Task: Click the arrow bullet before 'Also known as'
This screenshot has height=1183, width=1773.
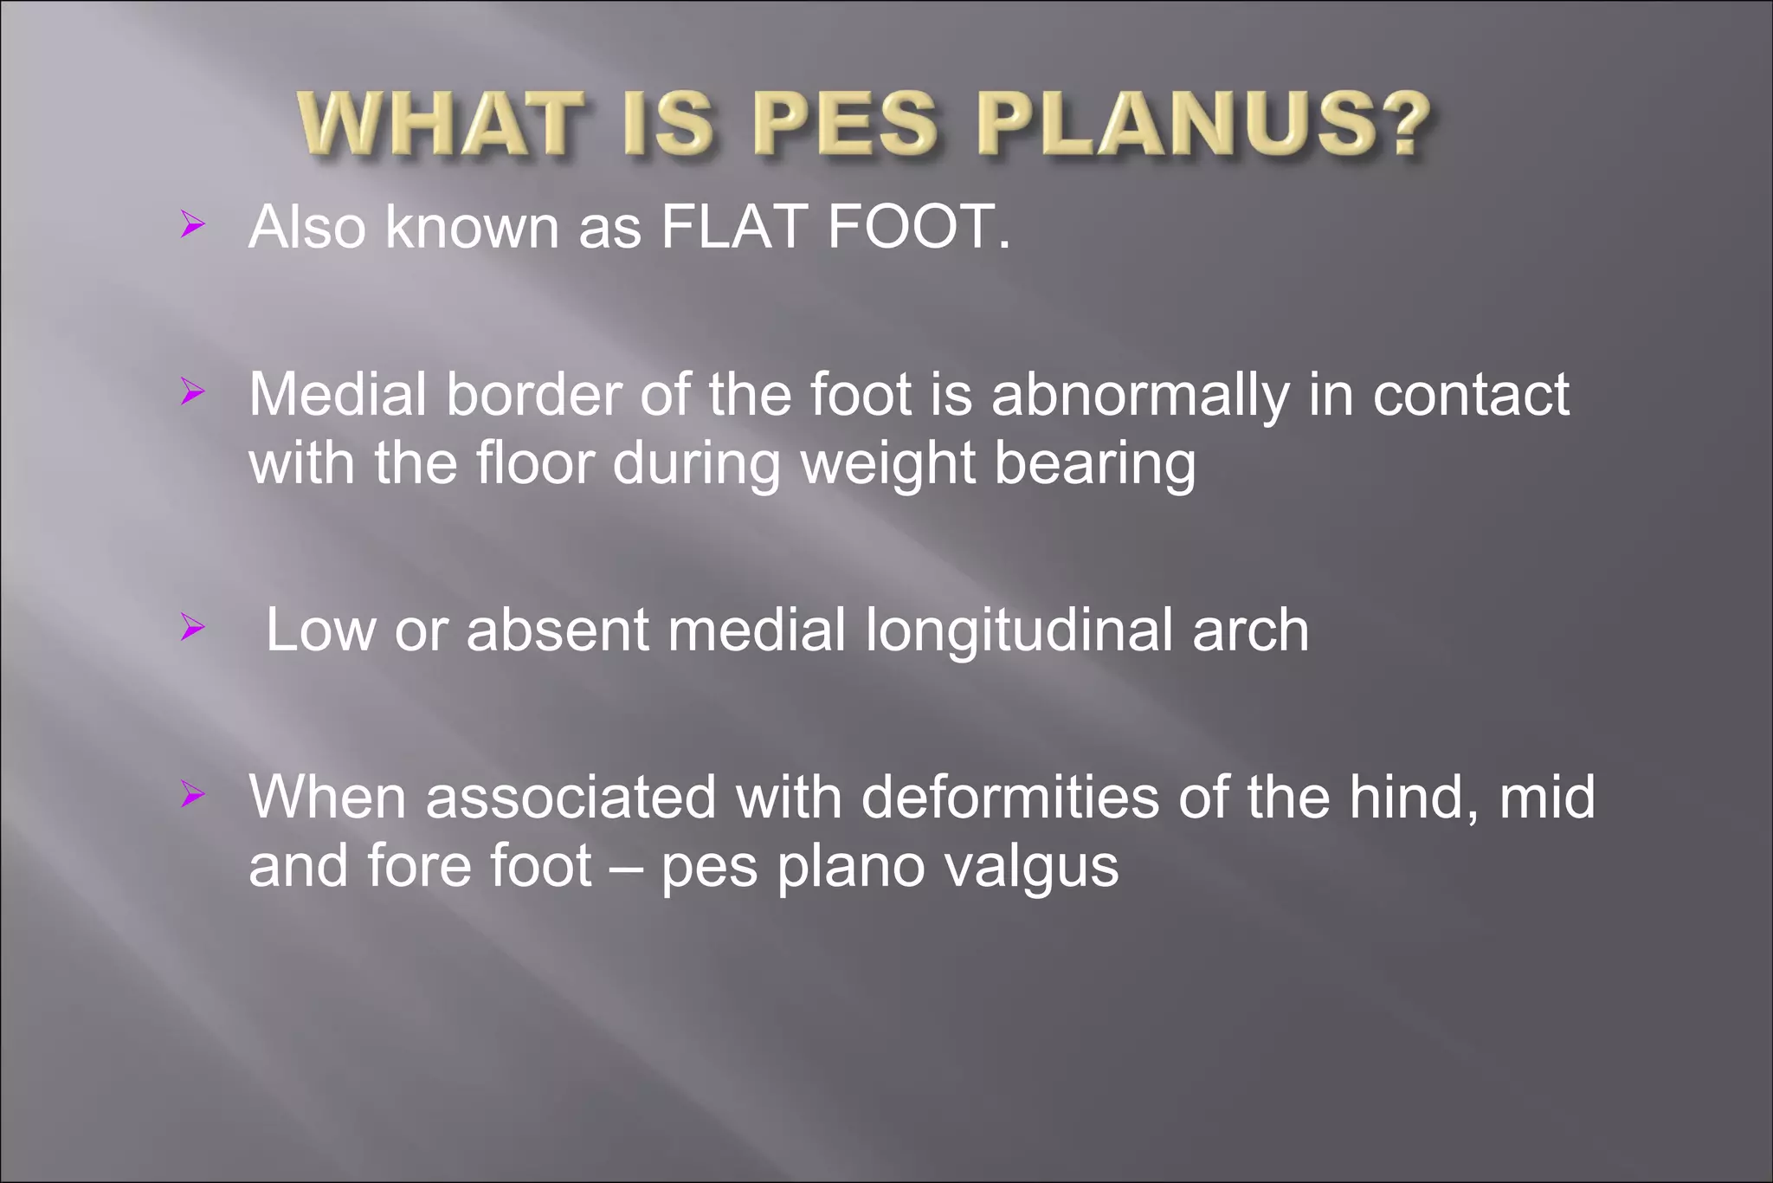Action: pyautogui.click(x=192, y=226)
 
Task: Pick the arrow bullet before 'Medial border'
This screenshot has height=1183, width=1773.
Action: pyautogui.click(x=192, y=392)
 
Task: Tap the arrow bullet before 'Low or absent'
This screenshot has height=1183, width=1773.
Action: pyautogui.click(x=192, y=627)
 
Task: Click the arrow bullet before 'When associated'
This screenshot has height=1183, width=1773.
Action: pyautogui.click(x=192, y=794)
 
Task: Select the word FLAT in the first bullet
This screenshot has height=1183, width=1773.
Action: pyautogui.click(x=735, y=227)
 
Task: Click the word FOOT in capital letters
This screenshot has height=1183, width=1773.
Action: pyautogui.click(x=910, y=227)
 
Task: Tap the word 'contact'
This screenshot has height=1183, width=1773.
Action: pyautogui.click(x=1471, y=396)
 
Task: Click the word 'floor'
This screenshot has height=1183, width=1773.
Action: pyautogui.click(x=535, y=463)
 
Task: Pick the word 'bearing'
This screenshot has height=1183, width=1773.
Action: pyautogui.click(x=1094, y=465)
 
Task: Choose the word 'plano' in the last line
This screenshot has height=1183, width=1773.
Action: pyautogui.click(x=851, y=868)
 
